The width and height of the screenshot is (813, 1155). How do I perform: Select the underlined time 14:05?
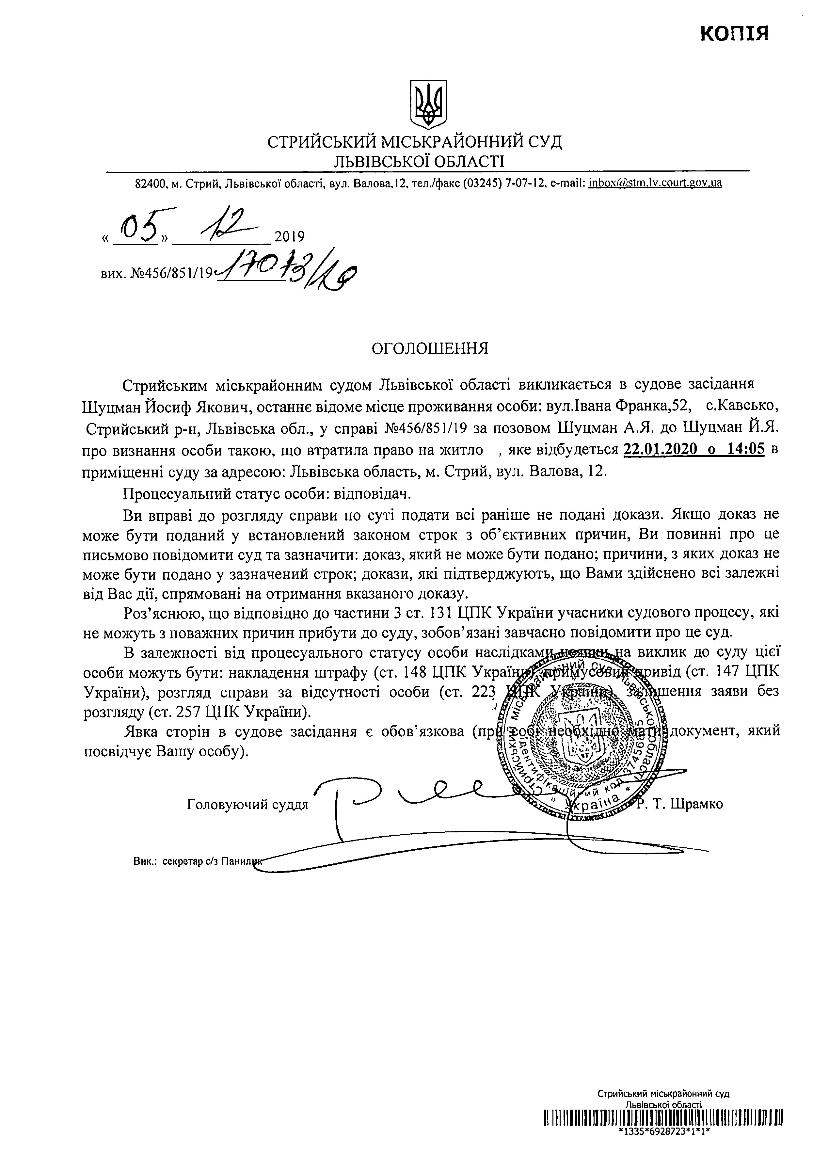tap(746, 450)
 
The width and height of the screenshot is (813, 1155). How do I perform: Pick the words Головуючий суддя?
tap(247, 805)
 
